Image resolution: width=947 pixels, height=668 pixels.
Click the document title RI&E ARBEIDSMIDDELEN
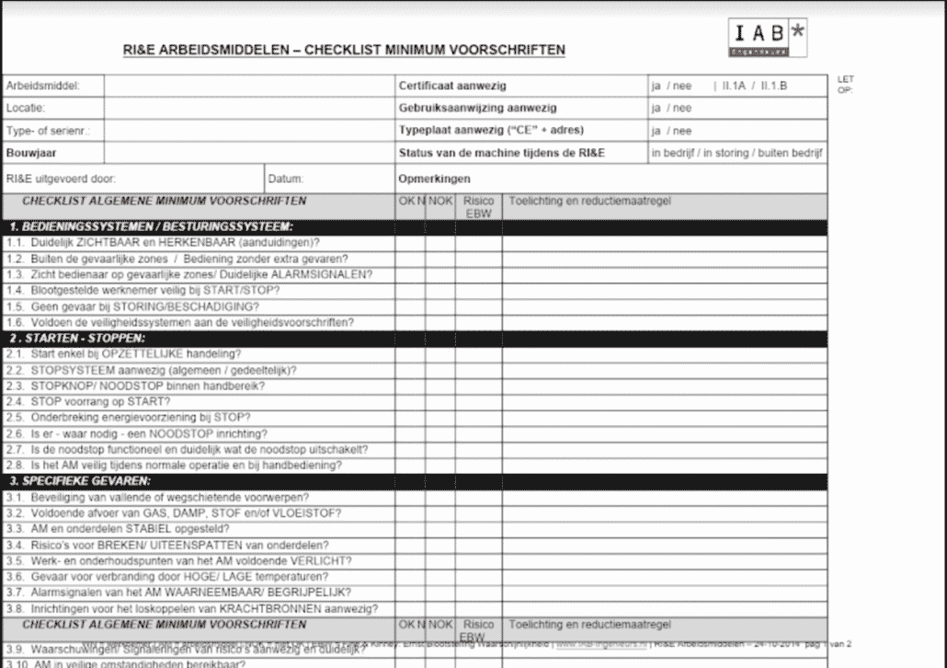click(x=344, y=50)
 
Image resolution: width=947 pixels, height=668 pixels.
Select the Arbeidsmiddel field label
click(x=43, y=86)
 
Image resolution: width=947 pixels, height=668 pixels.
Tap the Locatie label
click(x=26, y=108)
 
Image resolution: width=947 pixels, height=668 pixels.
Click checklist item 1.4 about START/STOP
click(x=143, y=290)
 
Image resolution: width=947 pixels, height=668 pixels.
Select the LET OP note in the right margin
click(x=845, y=85)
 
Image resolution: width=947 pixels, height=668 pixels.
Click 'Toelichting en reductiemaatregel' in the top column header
click(x=589, y=201)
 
